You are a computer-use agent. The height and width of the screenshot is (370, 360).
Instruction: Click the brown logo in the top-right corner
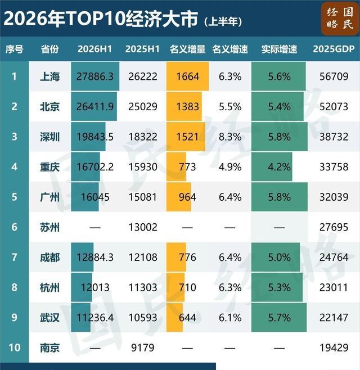click(x=339, y=19)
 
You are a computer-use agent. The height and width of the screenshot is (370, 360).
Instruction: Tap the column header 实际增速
click(x=279, y=49)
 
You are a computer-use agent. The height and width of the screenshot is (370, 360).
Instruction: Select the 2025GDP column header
click(x=334, y=49)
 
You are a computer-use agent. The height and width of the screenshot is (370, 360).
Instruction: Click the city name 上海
click(x=49, y=76)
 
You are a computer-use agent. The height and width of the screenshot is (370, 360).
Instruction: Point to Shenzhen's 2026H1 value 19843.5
click(x=95, y=137)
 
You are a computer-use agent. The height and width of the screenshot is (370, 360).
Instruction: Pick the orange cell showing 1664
click(x=188, y=76)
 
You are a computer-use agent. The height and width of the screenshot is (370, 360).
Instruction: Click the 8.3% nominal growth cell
click(x=230, y=137)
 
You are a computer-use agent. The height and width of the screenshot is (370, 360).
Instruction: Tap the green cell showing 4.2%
click(x=272, y=167)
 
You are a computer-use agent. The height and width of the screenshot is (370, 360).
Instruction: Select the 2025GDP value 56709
click(x=334, y=76)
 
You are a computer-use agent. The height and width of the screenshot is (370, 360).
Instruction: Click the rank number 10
click(x=15, y=348)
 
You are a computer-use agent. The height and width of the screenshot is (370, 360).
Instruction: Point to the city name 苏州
click(x=49, y=227)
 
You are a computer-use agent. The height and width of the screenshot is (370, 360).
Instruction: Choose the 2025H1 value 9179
click(x=142, y=348)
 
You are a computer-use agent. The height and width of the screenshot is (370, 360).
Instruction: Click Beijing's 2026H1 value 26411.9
click(x=95, y=106)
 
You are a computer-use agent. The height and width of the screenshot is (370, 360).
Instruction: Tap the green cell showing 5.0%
click(x=276, y=257)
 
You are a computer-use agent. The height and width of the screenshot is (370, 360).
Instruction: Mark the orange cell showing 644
click(x=174, y=317)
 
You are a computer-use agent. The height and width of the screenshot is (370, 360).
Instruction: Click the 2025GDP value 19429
click(x=334, y=348)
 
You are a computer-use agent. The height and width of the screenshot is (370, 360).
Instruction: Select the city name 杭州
click(x=49, y=287)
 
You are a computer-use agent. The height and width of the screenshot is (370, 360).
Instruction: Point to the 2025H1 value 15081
click(x=142, y=197)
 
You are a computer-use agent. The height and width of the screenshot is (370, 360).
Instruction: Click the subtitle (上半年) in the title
click(x=223, y=22)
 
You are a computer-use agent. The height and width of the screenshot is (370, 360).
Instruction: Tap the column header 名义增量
click(x=187, y=49)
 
